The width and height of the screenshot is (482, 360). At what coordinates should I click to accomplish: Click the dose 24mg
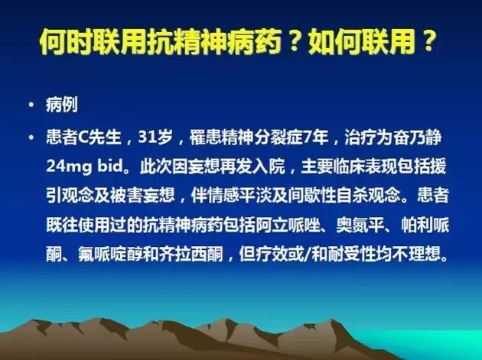tap(67, 164)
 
